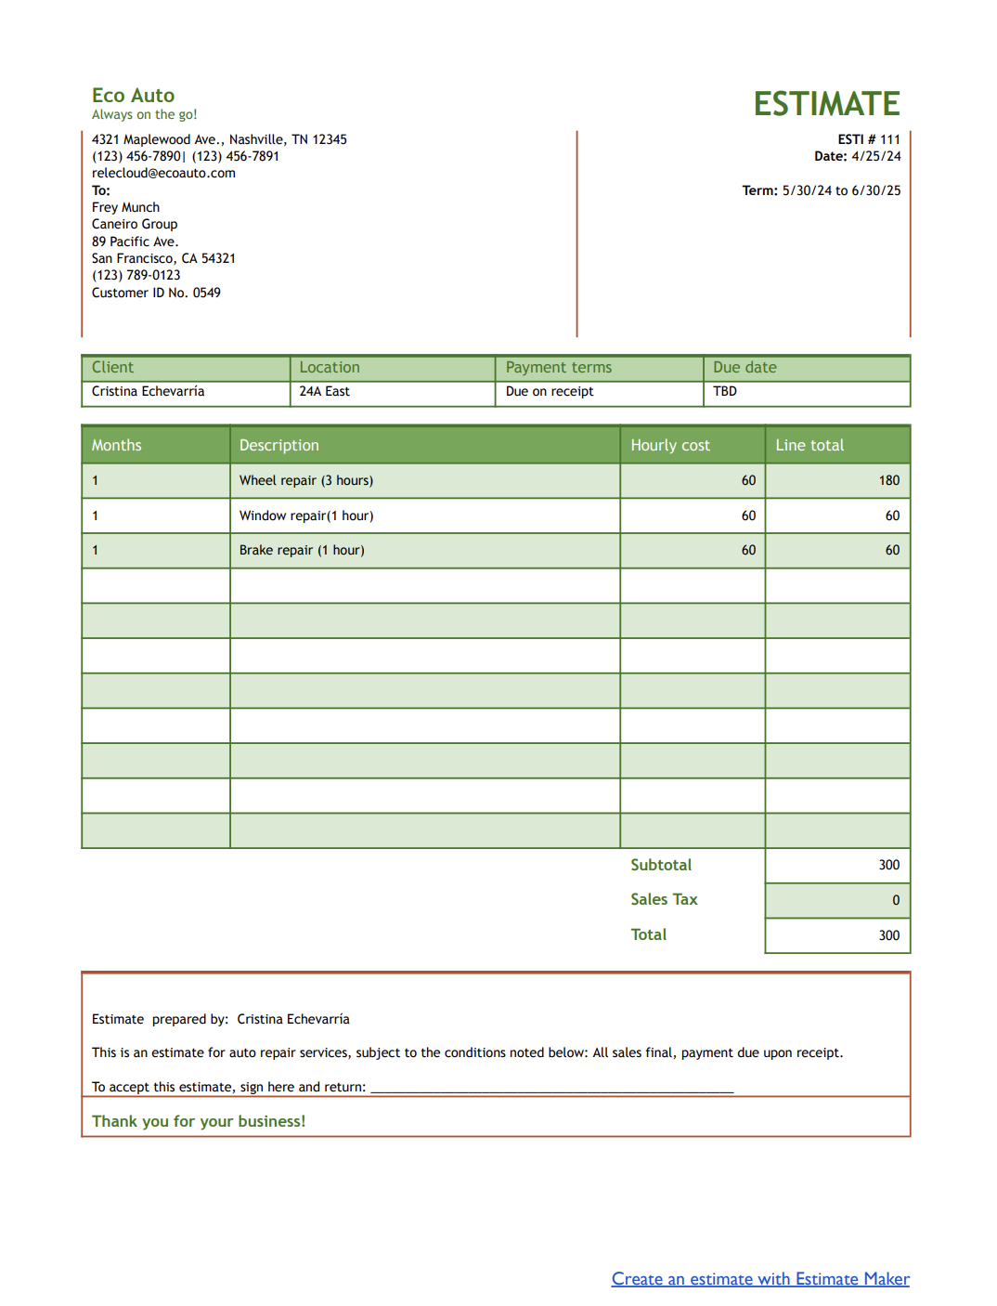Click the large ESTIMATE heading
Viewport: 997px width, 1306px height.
826,103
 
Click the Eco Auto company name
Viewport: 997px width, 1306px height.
133,95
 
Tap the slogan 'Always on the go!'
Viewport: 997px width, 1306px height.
144,115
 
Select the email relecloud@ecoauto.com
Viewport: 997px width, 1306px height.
163,173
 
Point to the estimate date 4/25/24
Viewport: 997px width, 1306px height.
875,156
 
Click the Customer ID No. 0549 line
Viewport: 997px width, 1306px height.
156,293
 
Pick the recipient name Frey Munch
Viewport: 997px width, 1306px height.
125,207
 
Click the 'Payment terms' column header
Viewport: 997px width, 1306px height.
558,368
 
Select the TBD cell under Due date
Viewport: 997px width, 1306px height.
725,391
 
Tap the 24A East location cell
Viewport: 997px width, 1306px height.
324,391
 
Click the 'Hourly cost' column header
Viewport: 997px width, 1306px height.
669,445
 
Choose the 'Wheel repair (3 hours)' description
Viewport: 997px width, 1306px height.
305,480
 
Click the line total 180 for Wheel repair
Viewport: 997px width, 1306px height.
888,480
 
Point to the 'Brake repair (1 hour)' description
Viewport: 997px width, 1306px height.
302,550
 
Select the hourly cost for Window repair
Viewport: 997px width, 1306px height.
748,516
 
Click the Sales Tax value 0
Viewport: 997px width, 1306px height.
895,900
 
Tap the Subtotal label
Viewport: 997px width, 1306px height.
660,865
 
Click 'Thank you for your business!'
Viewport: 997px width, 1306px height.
199,1121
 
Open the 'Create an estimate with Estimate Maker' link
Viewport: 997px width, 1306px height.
759,1279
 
